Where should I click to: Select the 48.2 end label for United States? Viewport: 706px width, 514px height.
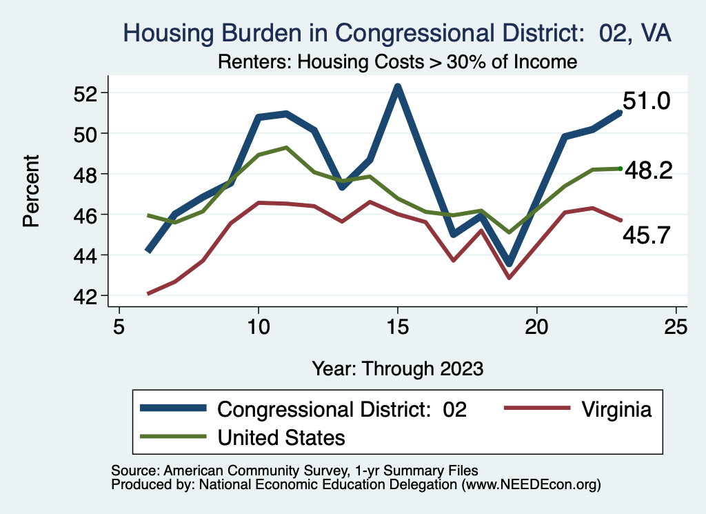click(648, 171)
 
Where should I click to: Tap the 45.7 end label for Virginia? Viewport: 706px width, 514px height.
click(647, 236)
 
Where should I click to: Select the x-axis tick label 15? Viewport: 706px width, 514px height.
click(397, 326)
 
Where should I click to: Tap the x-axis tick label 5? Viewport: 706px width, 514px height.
click(119, 326)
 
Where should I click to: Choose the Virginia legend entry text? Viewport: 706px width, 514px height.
click(615, 409)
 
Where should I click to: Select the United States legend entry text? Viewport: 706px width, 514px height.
click(281, 437)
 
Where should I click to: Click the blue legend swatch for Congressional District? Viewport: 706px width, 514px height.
click(173, 408)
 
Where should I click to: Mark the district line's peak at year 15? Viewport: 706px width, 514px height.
click(397, 87)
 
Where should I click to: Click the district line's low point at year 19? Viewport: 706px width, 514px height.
click(509, 264)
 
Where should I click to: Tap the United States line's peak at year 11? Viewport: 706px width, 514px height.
click(286, 148)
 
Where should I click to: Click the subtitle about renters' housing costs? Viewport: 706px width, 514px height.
click(397, 61)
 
